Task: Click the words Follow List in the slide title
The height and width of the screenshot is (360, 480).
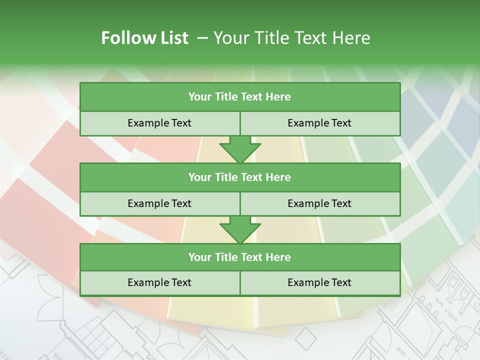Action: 145,38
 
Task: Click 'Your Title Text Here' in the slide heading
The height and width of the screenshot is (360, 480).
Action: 292,38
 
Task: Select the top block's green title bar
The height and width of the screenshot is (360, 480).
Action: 240,97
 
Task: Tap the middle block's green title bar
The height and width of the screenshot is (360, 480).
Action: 240,177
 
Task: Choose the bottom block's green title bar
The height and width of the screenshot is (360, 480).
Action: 240,257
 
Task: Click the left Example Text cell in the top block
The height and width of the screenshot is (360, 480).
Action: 159,123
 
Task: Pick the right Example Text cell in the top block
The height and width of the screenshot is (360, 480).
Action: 319,123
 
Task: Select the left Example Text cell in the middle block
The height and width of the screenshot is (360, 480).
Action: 159,203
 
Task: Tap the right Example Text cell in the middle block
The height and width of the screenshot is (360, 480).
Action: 319,203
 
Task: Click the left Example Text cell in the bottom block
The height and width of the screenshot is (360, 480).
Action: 159,282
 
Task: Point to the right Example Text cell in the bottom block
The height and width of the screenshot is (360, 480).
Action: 319,282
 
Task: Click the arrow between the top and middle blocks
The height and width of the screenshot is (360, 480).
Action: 240,149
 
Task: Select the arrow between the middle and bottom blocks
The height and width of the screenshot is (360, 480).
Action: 240,229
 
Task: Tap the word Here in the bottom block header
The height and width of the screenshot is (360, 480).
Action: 278,257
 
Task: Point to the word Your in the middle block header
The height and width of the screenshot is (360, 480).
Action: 199,177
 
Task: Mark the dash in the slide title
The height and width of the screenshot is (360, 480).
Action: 203,38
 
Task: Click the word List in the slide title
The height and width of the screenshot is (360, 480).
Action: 173,38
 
